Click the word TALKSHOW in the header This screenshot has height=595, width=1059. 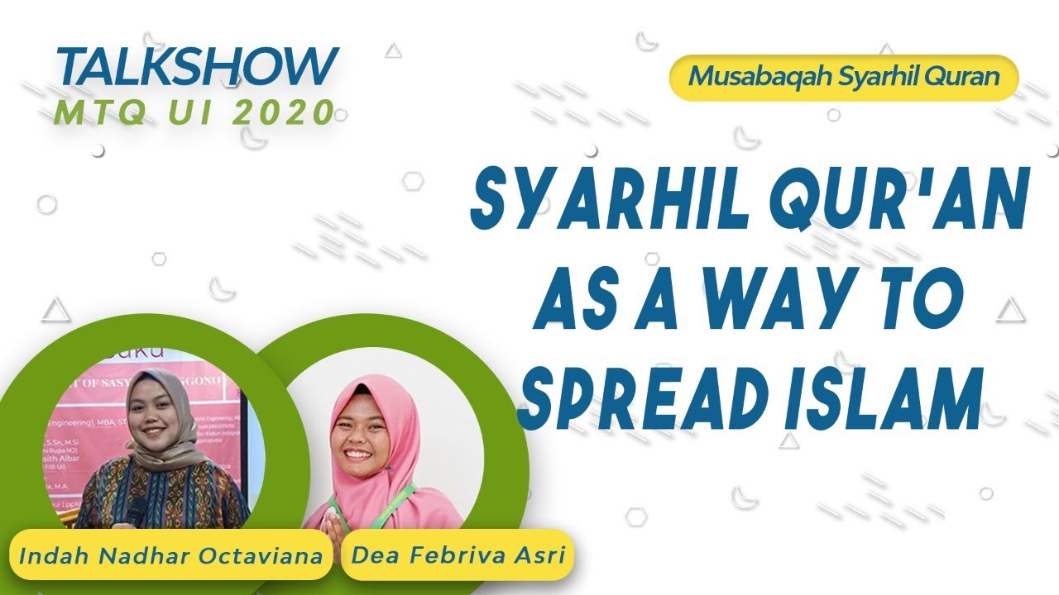coord(198,67)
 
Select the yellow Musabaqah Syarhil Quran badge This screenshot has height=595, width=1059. coord(843,77)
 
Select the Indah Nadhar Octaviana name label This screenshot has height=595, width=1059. coord(170,555)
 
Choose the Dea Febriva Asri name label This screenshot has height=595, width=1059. coord(458,555)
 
